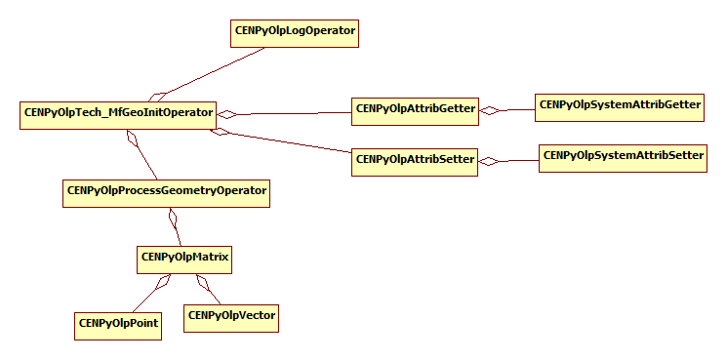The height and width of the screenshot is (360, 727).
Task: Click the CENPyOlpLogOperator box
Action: [295, 32]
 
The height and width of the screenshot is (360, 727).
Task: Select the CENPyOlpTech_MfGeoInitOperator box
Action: [117, 113]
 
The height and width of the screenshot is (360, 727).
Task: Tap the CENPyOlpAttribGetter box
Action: [415, 109]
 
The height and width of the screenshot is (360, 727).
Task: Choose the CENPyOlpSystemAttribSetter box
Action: [623, 156]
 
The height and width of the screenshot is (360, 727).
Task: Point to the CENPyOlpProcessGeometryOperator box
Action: [166, 191]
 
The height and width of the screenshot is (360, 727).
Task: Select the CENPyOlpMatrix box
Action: [184, 259]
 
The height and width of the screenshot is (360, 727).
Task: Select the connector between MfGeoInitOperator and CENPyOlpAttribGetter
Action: [293, 113]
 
